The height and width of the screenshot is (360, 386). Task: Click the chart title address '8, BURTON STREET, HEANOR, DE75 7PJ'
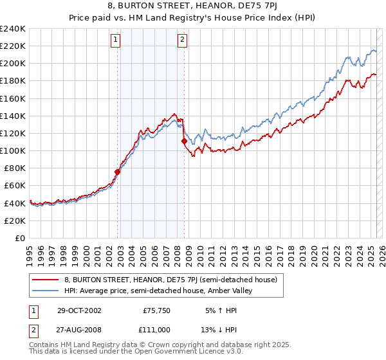coord(192,6)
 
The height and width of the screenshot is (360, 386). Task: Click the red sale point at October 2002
coord(118,172)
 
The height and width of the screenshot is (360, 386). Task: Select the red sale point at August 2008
coord(184,141)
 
